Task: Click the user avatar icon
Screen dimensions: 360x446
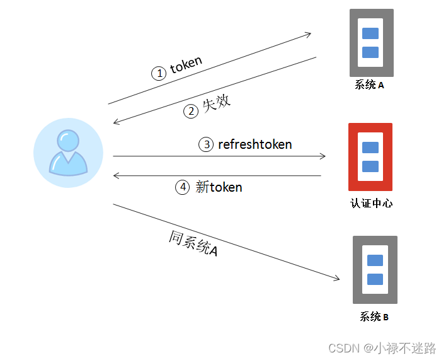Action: point(68,153)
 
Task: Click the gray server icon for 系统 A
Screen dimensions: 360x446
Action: point(371,43)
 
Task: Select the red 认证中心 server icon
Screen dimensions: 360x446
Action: point(370,157)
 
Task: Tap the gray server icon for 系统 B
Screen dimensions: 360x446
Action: point(375,270)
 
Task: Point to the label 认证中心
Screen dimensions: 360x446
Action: point(371,204)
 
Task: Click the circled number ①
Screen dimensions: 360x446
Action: point(159,73)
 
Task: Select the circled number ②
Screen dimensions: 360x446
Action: point(191,112)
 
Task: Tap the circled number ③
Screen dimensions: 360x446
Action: point(206,144)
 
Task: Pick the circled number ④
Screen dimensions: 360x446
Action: point(182,187)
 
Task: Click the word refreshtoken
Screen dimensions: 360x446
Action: point(255,144)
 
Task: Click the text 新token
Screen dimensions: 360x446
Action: point(219,187)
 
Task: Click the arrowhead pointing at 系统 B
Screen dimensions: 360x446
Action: point(337,279)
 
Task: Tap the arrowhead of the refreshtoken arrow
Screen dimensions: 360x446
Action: point(323,156)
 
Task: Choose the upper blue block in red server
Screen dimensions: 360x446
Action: point(370,148)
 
